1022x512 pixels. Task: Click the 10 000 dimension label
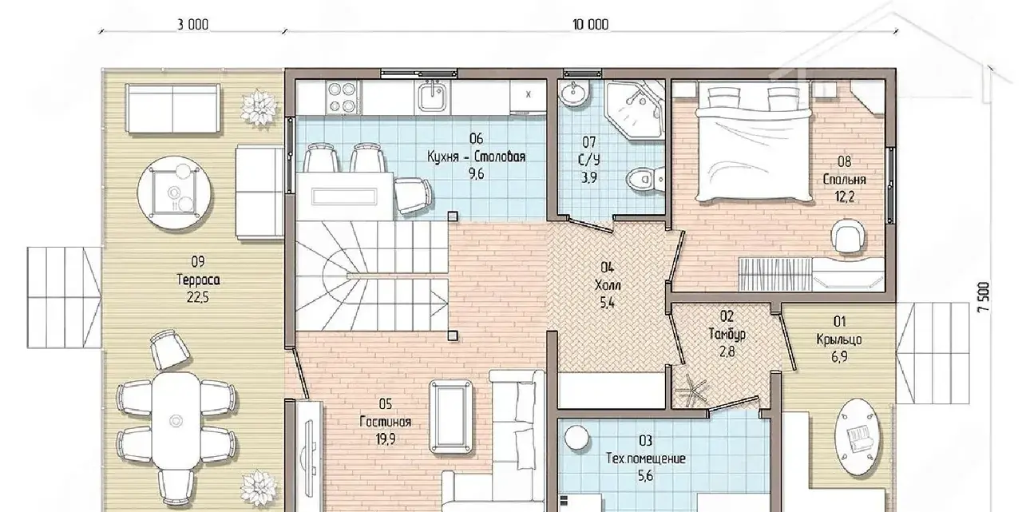[590, 25]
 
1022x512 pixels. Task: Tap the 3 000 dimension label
[192, 25]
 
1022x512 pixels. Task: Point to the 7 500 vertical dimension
[984, 297]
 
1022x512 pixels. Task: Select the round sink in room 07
[572, 93]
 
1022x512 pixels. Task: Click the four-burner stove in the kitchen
[343, 97]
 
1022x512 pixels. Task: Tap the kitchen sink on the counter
[432, 97]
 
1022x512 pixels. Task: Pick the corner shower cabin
[635, 109]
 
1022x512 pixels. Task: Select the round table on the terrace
[174, 192]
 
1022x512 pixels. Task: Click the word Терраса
[198, 280]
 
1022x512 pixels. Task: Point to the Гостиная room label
[386, 422]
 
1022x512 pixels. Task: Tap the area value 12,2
[845, 196]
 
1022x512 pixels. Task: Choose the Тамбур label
[727, 334]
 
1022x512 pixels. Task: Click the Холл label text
[608, 285]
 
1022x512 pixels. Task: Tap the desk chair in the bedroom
[848, 236]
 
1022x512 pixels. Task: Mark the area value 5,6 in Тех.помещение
[645, 476]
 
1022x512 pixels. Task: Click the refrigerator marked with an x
[529, 97]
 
